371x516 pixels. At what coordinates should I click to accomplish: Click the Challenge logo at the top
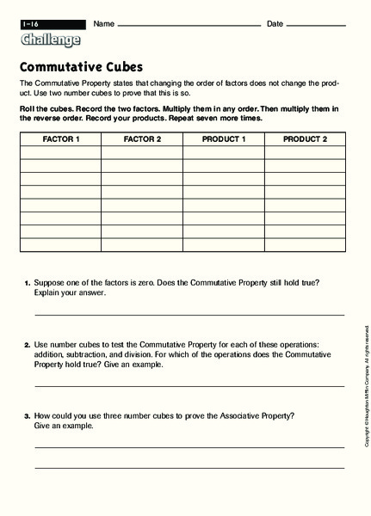click(50, 40)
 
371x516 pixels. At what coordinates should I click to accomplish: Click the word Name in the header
click(102, 23)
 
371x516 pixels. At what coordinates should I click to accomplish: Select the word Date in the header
click(275, 23)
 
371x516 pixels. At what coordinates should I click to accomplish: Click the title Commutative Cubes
click(80, 66)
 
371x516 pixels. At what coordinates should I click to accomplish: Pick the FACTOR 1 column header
click(60, 138)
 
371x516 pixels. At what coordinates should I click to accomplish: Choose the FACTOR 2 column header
click(142, 138)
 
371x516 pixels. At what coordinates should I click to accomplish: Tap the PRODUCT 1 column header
click(223, 138)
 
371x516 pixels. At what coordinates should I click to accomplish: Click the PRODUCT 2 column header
click(304, 138)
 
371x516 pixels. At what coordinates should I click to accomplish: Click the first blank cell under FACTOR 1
click(60, 152)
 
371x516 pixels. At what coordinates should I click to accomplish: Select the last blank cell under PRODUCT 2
click(304, 245)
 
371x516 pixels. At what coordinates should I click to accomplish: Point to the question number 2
click(27, 345)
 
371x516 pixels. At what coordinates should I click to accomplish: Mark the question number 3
click(27, 416)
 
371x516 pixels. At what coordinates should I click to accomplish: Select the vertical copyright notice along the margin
click(366, 387)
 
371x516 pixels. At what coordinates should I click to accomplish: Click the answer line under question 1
click(189, 316)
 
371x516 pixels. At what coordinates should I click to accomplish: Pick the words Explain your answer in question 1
click(70, 293)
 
